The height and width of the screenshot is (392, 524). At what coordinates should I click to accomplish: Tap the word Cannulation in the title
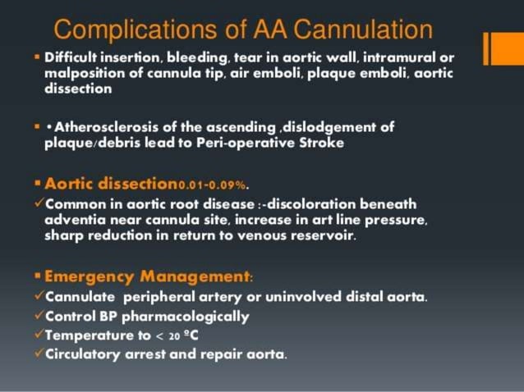tap(361, 30)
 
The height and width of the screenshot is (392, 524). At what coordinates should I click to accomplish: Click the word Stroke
tap(297, 143)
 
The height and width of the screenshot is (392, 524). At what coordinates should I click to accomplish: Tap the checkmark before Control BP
tap(39, 316)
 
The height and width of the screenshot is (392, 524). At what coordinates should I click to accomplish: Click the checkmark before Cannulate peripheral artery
tap(39, 296)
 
